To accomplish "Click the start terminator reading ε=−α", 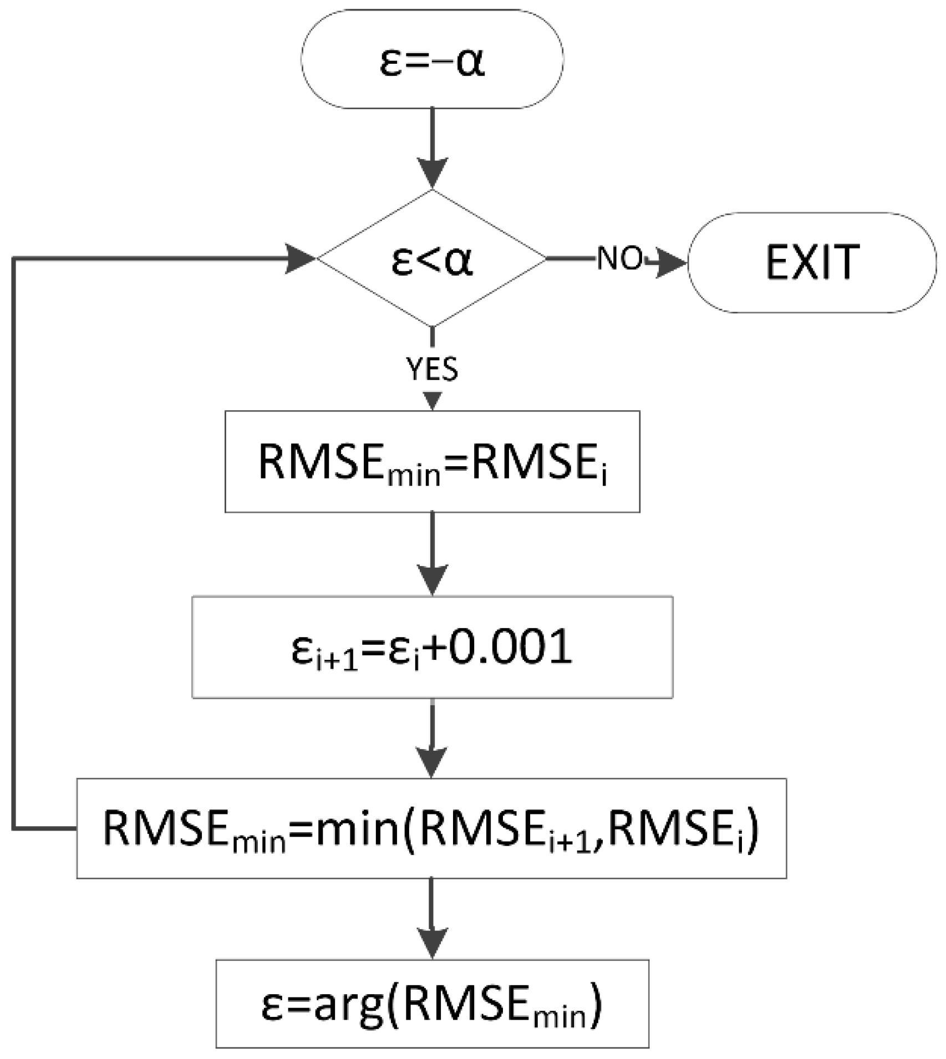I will tap(432, 59).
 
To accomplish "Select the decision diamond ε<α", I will tap(432, 259).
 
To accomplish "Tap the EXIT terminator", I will tap(812, 263).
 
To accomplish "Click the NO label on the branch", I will tap(619, 258).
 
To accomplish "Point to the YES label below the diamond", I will tap(432, 369).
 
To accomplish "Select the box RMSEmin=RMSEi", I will tap(432, 461).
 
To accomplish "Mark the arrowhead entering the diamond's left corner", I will tap(299, 258).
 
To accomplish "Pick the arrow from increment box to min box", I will tap(432, 737).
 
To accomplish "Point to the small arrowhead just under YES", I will tap(432, 400).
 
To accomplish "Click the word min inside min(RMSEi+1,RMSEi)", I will tap(358, 829).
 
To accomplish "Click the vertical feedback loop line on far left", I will tap(13, 543).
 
